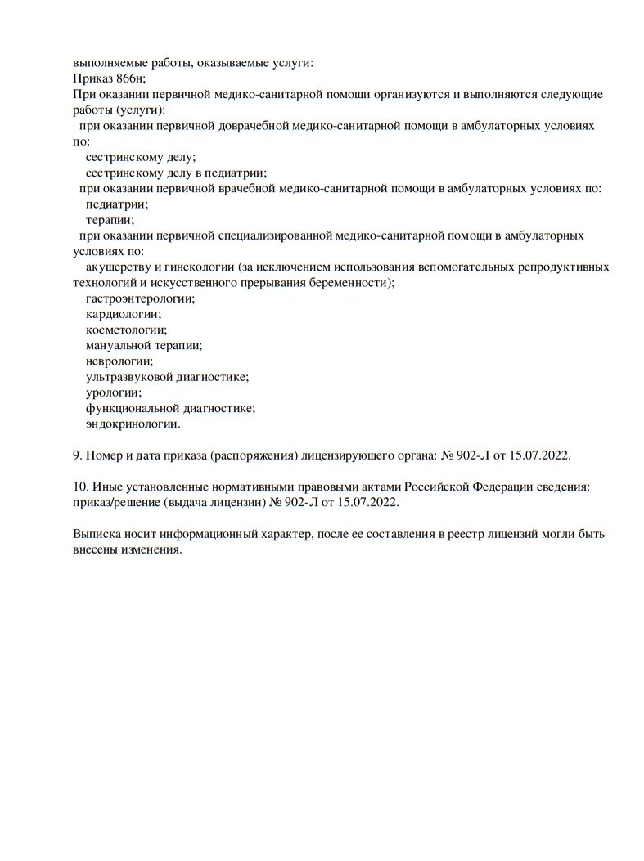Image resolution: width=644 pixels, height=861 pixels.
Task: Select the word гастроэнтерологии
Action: click(x=140, y=298)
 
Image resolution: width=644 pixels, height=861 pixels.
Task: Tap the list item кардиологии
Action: click(x=123, y=314)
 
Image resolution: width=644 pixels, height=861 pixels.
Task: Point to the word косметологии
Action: click(x=126, y=330)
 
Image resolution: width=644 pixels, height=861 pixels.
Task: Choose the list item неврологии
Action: click(x=119, y=361)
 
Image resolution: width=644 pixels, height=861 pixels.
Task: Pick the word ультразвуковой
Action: click(x=127, y=377)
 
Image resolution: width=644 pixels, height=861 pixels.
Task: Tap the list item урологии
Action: click(x=114, y=392)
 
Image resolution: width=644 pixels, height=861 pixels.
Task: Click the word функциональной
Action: click(x=132, y=408)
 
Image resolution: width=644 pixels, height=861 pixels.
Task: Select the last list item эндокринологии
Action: click(x=133, y=424)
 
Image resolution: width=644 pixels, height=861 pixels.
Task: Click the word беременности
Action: click(x=354, y=282)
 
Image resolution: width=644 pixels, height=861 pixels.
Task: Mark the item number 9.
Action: click(x=77, y=455)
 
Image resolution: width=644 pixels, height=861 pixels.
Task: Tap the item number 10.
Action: click(x=80, y=487)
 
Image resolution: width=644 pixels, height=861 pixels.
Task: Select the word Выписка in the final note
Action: click(x=96, y=534)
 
